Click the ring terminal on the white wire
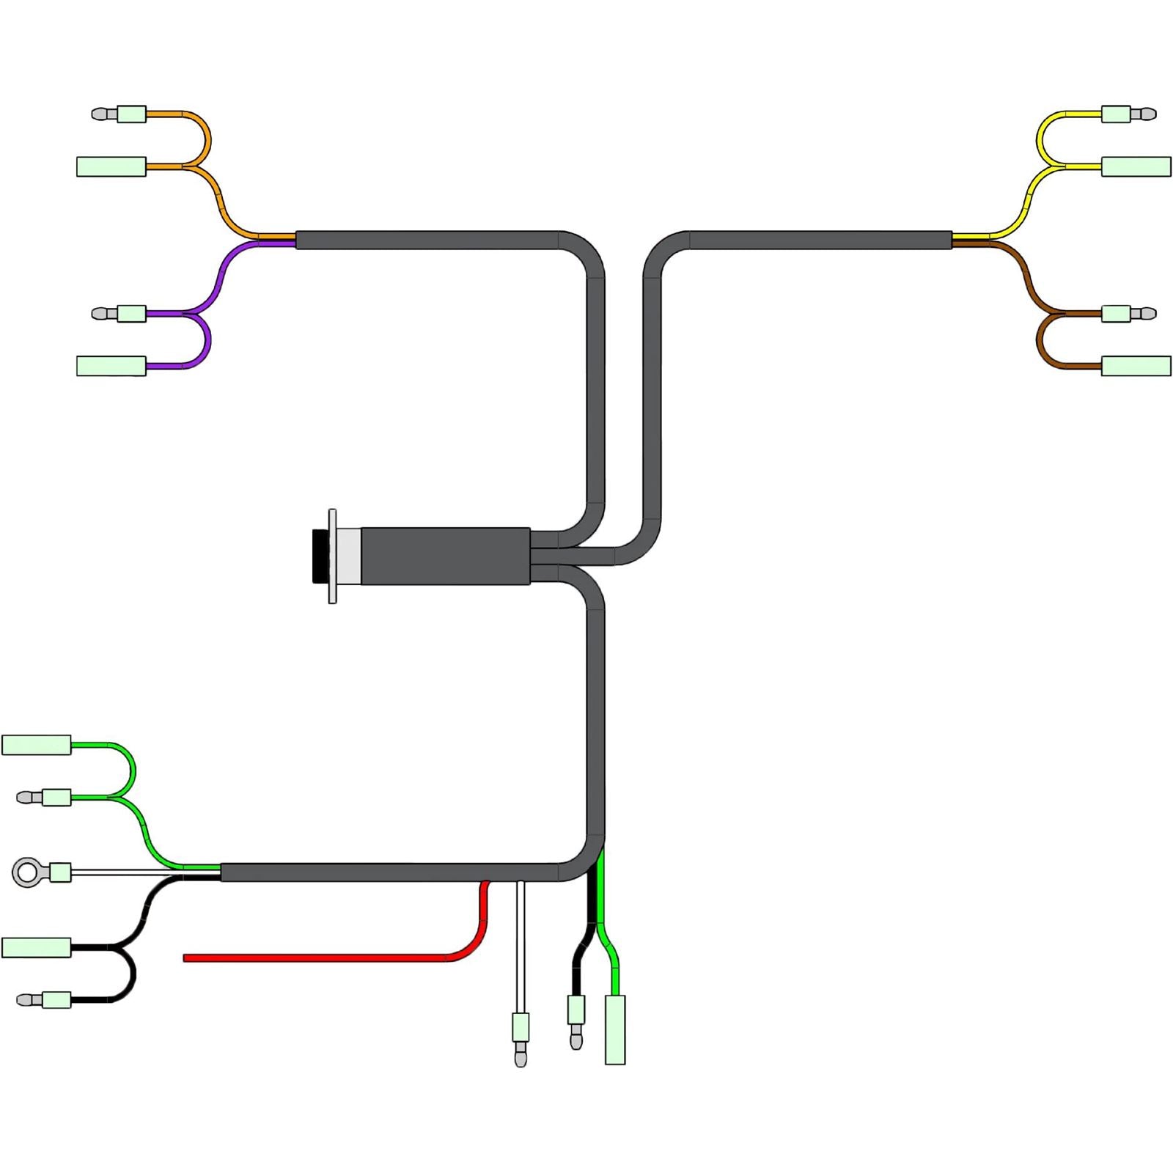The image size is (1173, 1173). pyautogui.click(x=28, y=872)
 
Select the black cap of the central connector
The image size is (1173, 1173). pyautogui.click(x=320, y=556)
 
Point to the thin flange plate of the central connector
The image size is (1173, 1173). pyautogui.click(x=332, y=556)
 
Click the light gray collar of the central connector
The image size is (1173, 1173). pyautogui.click(x=349, y=556)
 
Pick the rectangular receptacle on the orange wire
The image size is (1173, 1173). pyautogui.click(x=111, y=166)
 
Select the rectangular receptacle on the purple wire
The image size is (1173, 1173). pyautogui.click(x=111, y=366)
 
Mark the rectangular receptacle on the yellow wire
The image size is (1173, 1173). pyautogui.click(x=1136, y=166)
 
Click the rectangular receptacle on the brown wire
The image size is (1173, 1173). pyautogui.click(x=1136, y=366)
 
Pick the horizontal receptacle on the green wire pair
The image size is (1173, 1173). pyautogui.click(x=37, y=745)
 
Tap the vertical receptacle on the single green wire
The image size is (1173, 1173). pyautogui.click(x=615, y=1029)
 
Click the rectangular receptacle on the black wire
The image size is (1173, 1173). pyautogui.click(x=37, y=947)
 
